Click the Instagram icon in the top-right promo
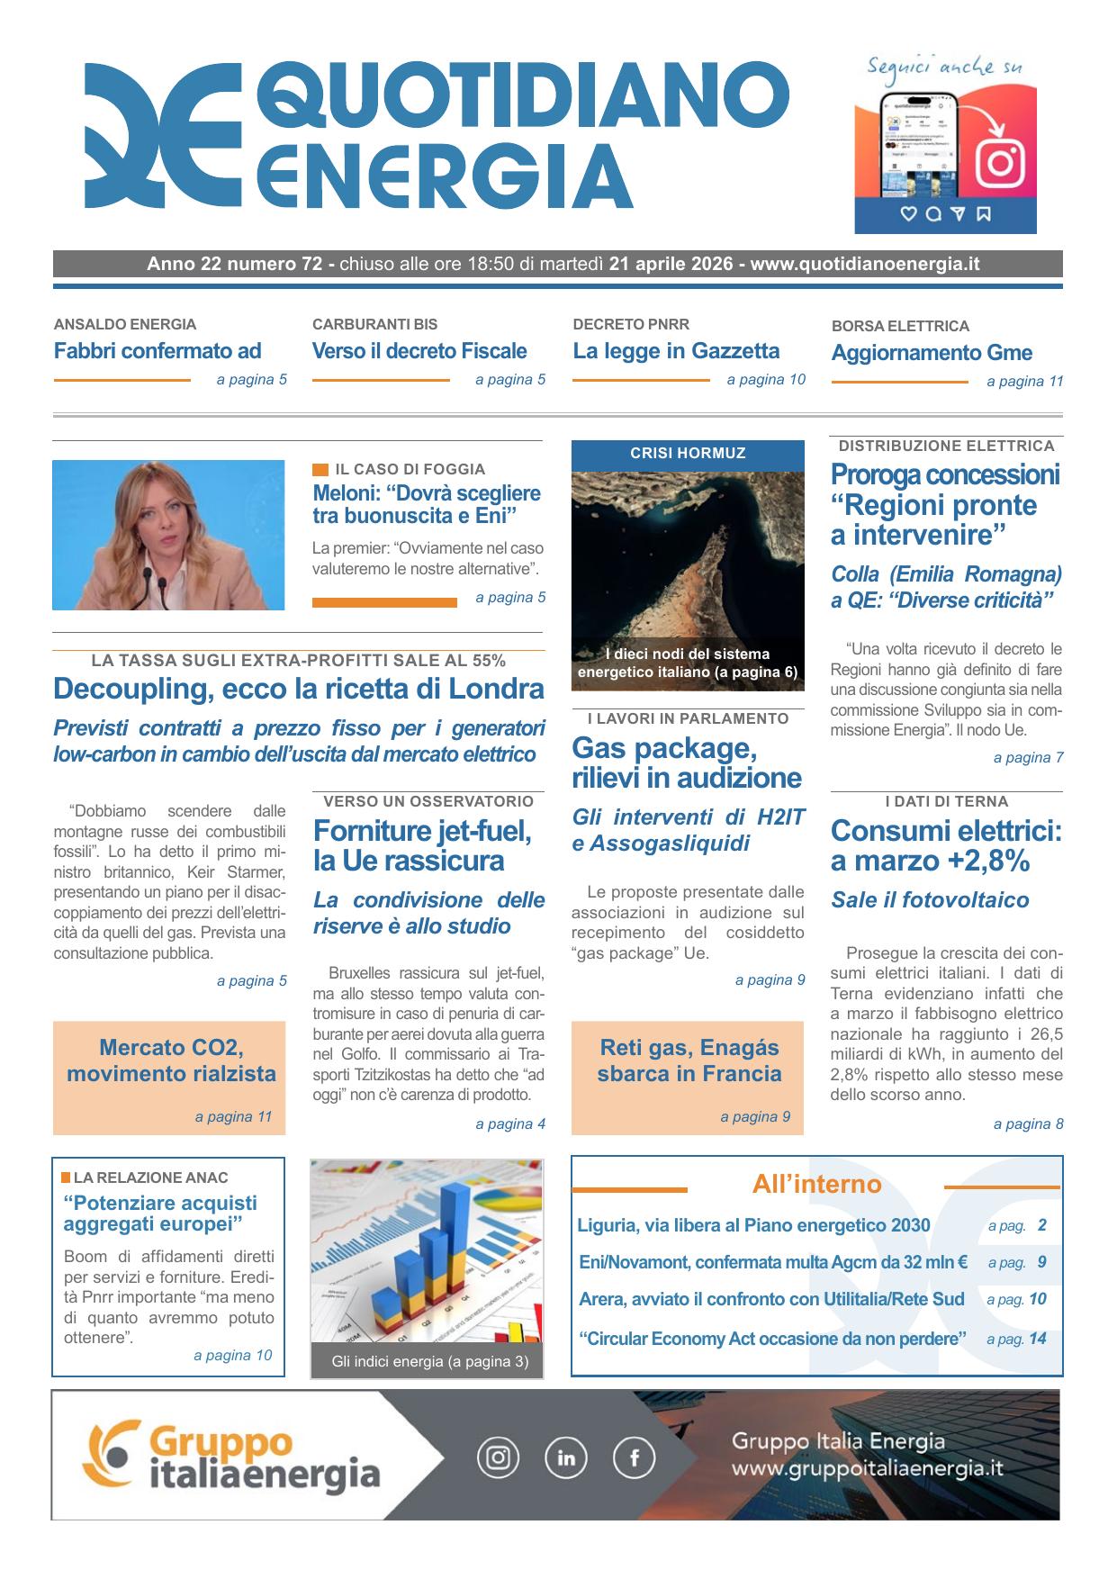[x=1000, y=162]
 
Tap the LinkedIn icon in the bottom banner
[x=566, y=1457]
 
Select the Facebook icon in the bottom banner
[x=634, y=1457]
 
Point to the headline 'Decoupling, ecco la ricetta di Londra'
[x=299, y=689]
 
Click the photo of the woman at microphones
[x=168, y=535]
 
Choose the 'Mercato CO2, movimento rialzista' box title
[x=171, y=1060]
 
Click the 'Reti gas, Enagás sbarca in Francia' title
[x=689, y=1060]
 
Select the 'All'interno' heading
[x=816, y=1185]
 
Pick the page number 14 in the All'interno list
[x=1037, y=1339]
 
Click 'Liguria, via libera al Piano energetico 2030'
[x=753, y=1225]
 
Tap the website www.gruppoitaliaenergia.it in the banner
[x=867, y=1468]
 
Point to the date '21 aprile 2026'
[x=671, y=265]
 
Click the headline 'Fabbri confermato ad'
[x=158, y=351]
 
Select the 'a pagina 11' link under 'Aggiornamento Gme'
[x=1024, y=382]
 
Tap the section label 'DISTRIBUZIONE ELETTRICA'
[x=946, y=446]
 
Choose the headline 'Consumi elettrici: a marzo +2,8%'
[x=946, y=845]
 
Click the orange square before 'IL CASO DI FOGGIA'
[x=320, y=469]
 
